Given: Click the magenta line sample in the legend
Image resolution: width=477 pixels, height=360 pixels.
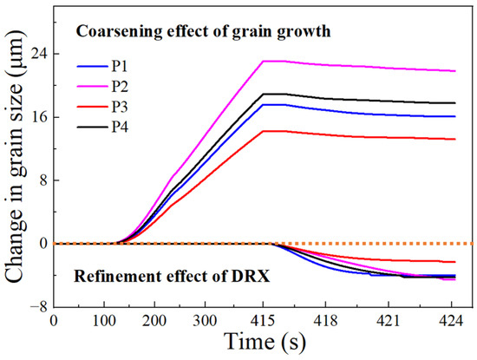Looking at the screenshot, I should coord(90,85).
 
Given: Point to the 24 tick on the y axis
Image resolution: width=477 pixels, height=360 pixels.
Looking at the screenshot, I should coord(39,54).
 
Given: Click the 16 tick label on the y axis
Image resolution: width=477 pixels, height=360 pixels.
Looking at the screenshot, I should coord(39,117).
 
